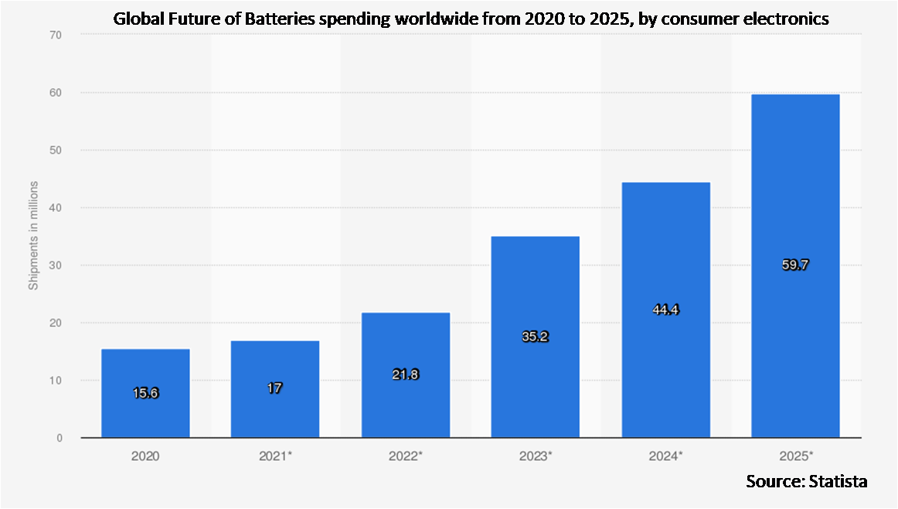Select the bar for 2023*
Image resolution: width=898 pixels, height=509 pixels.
[535, 336]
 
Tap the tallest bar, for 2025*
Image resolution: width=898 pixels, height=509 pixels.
[795, 265]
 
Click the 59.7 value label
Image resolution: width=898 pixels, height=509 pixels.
[795, 265]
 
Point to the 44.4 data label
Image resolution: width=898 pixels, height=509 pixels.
[665, 309]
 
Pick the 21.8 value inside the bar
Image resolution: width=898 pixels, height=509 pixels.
[406, 374]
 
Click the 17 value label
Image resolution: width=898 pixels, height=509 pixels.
[275, 388]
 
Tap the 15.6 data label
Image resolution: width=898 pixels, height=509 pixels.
[145, 393]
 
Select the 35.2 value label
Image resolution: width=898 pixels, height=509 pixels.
[535, 337]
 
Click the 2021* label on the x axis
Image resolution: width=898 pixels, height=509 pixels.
[275, 456]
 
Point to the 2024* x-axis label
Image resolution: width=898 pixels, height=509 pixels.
[665, 456]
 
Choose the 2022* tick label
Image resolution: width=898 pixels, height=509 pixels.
[406, 456]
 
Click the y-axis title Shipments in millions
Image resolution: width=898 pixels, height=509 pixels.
[33, 237]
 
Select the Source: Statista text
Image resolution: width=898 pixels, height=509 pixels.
[806, 481]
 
